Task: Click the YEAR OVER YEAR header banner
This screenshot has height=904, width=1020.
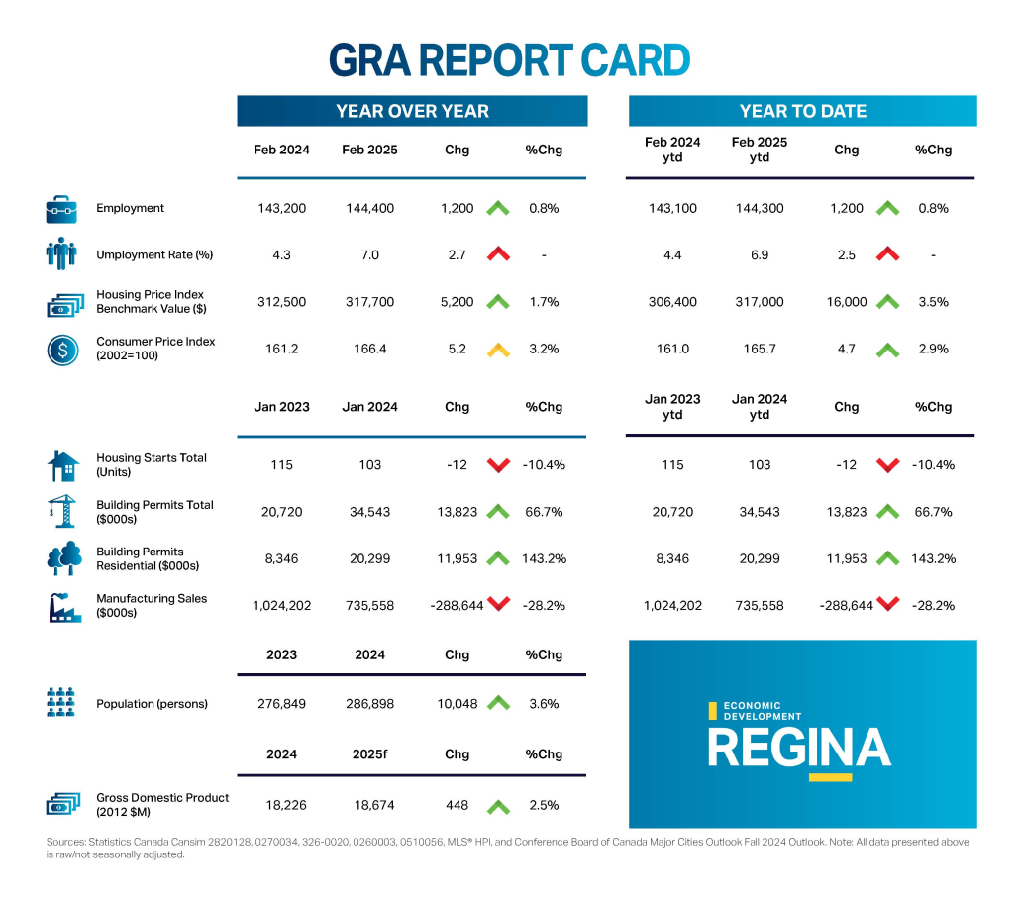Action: pyautogui.click(x=412, y=111)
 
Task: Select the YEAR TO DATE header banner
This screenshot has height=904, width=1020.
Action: pyautogui.click(x=802, y=111)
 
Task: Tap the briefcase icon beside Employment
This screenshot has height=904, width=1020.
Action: pyautogui.click(x=61, y=209)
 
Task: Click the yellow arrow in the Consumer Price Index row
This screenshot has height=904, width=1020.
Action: pyautogui.click(x=497, y=349)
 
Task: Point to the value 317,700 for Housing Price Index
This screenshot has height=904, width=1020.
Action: pyautogui.click(x=368, y=302)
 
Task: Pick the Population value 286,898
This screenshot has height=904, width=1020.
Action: pyautogui.click(x=368, y=704)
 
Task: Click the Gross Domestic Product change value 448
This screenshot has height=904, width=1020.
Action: pyautogui.click(x=457, y=805)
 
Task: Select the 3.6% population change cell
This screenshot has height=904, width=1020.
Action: pyautogui.click(x=544, y=704)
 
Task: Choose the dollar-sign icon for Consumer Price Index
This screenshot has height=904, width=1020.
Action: pyautogui.click(x=62, y=350)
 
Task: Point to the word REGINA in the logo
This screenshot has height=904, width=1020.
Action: pyautogui.click(x=799, y=748)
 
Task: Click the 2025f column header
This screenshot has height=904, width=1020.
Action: pyautogui.click(x=368, y=754)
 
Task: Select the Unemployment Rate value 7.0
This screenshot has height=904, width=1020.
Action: pyautogui.click(x=368, y=255)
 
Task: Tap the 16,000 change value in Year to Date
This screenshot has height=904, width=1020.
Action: pyautogui.click(x=847, y=302)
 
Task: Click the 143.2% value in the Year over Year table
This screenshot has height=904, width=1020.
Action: pyautogui.click(x=544, y=558)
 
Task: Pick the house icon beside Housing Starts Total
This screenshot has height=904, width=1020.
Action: pyautogui.click(x=62, y=465)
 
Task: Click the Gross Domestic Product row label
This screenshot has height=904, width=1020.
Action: pyautogui.click(x=162, y=805)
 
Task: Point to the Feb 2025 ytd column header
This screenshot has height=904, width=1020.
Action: pyautogui.click(x=760, y=150)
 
